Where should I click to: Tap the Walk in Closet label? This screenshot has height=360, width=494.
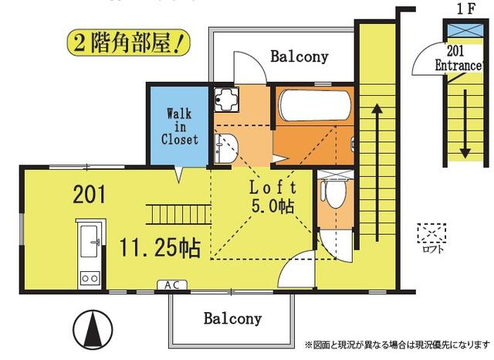[179, 126]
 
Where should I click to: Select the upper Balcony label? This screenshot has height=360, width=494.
[299, 56]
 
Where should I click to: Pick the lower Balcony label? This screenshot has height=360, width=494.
[232, 318]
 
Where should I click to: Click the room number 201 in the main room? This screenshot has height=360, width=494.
[90, 194]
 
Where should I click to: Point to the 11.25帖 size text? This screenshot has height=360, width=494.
[160, 247]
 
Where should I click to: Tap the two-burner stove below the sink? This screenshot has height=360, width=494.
[89, 276]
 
